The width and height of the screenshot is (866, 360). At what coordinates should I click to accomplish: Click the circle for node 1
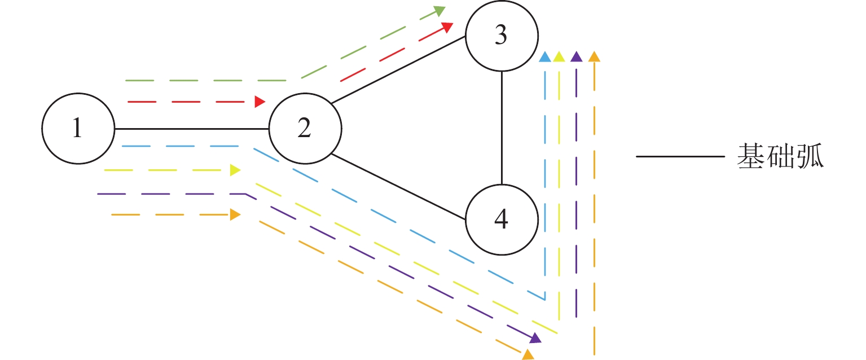(x=78, y=129)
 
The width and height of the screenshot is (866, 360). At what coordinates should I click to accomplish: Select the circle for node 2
(x=305, y=129)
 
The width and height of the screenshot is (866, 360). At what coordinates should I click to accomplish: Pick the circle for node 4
(x=501, y=219)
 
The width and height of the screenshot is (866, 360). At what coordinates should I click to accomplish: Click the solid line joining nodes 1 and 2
(x=192, y=129)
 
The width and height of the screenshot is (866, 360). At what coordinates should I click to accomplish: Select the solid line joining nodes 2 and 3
(x=398, y=71)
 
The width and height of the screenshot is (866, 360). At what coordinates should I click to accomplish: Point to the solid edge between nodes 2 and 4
(x=398, y=186)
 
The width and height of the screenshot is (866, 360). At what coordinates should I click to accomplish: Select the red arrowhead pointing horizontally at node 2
(x=260, y=102)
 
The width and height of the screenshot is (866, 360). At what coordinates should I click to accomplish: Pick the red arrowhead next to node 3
(x=447, y=27)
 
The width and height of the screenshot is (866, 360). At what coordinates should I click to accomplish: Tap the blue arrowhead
(x=544, y=56)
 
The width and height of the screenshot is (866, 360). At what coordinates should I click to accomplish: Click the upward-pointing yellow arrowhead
(x=559, y=56)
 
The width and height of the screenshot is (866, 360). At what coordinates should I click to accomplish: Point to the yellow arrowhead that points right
(x=235, y=170)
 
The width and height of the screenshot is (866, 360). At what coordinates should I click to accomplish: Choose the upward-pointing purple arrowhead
(x=576, y=56)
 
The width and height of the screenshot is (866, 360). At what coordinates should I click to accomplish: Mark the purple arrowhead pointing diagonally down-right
(x=535, y=338)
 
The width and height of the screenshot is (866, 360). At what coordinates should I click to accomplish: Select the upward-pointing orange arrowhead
(x=594, y=56)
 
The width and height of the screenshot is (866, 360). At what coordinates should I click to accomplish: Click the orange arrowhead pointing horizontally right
(x=235, y=214)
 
